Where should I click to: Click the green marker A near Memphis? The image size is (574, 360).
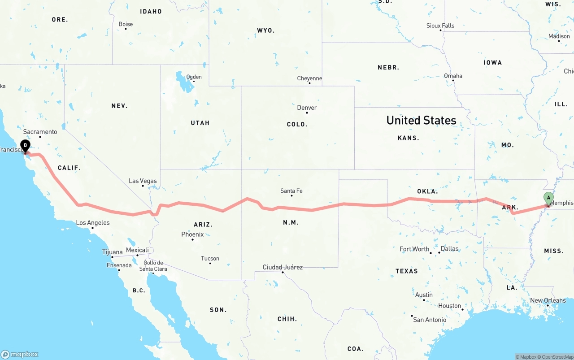(x=548, y=198)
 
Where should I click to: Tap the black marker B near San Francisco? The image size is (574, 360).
(x=26, y=146)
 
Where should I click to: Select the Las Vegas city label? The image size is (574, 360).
(x=143, y=181)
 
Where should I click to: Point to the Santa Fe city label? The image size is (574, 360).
(x=291, y=191)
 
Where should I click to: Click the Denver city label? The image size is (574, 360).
(x=307, y=108)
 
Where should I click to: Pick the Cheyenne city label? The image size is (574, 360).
(x=309, y=78)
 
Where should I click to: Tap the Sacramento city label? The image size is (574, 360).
(x=40, y=132)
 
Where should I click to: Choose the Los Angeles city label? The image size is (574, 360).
(x=93, y=223)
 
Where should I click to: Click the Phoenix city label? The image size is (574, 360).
(x=192, y=234)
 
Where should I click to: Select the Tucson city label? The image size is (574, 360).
(x=210, y=258)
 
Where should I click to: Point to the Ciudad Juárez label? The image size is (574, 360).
(x=283, y=267)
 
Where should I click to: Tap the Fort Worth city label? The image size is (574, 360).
(x=414, y=249)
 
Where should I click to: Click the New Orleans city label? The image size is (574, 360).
(x=548, y=300)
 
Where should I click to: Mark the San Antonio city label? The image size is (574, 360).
(x=430, y=320)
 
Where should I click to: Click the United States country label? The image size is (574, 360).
(x=421, y=120)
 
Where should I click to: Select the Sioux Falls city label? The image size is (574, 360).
(x=440, y=26)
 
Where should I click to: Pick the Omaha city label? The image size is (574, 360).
(x=453, y=76)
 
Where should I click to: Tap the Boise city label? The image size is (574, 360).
(x=126, y=24)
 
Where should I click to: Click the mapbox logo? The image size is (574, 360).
(x=20, y=354)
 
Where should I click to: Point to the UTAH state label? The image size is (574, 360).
(x=200, y=123)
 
